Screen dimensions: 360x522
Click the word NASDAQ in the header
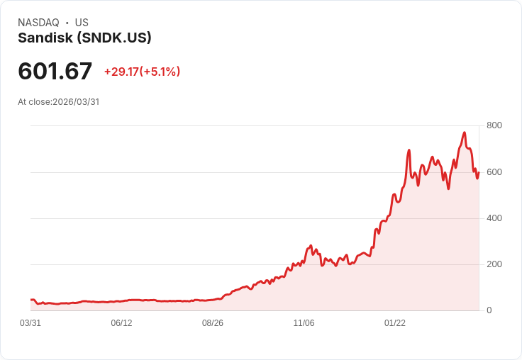coord(38,23)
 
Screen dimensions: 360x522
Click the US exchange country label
coord(82,23)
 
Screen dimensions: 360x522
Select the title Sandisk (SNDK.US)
coord(84,38)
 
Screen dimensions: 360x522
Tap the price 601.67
coord(55,71)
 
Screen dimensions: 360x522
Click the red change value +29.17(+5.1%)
coord(142,72)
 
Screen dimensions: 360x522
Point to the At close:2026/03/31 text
coord(58,102)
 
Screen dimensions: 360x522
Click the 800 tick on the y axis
coord(494,125)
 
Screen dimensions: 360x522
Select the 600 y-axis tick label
coord(494,171)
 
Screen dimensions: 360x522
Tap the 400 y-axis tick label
coord(494,218)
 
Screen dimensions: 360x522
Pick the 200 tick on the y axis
coord(494,264)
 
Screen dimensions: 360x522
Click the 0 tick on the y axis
coord(489,310)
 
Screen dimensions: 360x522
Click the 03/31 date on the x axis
coord(30,323)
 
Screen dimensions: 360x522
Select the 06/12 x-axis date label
coord(121,323)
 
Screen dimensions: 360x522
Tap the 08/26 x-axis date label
coord(213,323)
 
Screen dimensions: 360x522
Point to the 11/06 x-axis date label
coord(304,323)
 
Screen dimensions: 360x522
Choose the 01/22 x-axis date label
coord(395,323)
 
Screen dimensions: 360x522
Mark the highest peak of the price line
coord(464,133)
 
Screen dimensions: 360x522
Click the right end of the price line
coord(479,172)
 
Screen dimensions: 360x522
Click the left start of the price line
coord(31,300)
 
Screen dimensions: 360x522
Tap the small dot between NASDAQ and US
coord(67,23)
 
